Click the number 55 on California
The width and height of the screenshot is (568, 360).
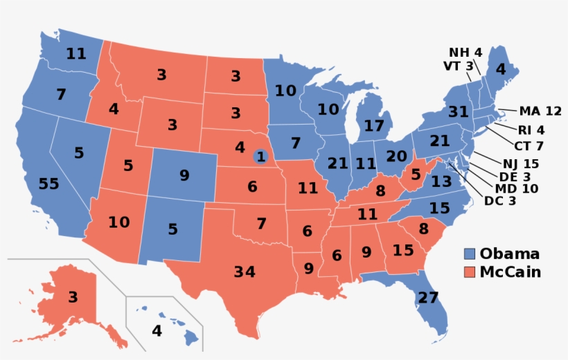pyautogui.click(x=49, y=183)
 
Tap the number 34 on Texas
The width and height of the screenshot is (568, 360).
pyautogui.click(x=244, y=271)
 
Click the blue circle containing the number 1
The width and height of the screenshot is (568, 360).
pyautogui.click(x=260, y=156)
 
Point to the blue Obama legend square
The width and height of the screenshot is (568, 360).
pyautogui.click(x=469, y=253)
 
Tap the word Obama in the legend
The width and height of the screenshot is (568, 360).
pyautogui.click(x=509, y=253)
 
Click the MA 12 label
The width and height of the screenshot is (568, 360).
pyautogui.click(x=540, y=111)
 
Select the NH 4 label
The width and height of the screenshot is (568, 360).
pyautogui.click(x=465, y=53)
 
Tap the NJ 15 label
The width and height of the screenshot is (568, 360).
pyautogui.click(x=522, y=163)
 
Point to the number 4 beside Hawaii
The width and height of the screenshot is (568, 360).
pyautogui.click(x=157, y=331)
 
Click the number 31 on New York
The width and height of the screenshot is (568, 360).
pyautogui.click(x=438, y=112)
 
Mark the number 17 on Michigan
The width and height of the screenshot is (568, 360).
pyautogui.click(x=373, y=126)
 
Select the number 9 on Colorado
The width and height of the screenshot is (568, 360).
pyautogui.click(x=184, y=175)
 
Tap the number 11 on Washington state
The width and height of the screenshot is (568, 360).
pyautogui.click(x=76, y=53)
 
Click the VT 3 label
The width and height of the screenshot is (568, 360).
pyautogui.click(x=458, y=66)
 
